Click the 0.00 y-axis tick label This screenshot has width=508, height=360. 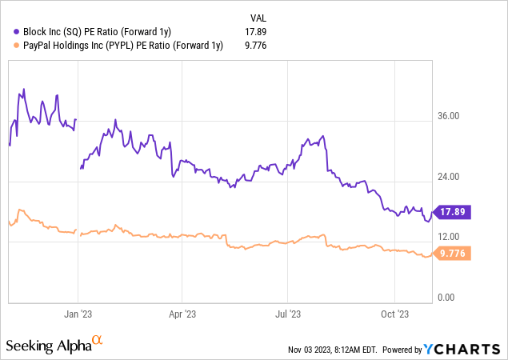click(x=446, y=298)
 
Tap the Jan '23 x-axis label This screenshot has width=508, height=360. click(x=78, y=314)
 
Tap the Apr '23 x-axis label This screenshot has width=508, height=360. click(x=183, y=314)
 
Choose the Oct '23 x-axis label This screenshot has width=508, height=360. click(x=394, y=314)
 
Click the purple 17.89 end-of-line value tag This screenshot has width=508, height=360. click(x=453, y=212)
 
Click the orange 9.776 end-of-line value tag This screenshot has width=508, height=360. click(x=453, y=254)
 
